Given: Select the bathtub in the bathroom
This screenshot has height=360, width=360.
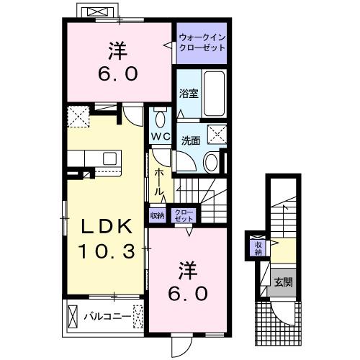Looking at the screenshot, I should coord(212,93).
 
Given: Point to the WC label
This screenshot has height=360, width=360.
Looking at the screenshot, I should coord(161,135).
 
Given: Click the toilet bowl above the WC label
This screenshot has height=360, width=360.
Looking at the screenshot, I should coord(161,118).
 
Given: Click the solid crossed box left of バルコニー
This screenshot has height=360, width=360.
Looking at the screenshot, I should coord(72,315).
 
